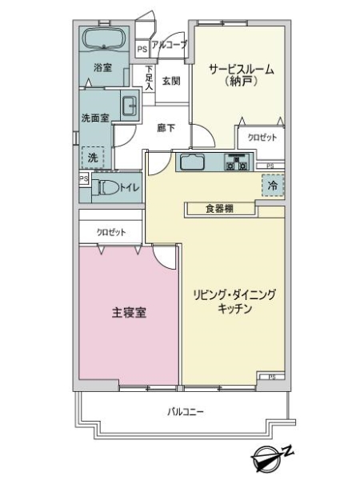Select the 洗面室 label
coord(95,117)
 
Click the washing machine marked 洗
coord(93,158)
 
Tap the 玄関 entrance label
coord(171,81)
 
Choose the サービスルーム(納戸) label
coord(241,75)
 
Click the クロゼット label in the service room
coord(262,138)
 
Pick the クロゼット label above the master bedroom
coord(111,232)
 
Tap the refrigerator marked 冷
coord(272,186)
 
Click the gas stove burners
coord(238,162)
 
